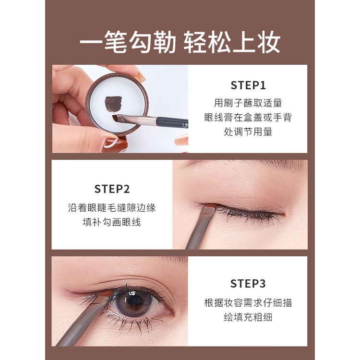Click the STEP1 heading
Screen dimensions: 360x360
248,85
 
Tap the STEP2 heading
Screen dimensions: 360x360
112,189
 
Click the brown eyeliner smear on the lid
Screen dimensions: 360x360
113,103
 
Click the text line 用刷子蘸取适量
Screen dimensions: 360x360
248,103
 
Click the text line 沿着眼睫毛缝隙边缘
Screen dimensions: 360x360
112,208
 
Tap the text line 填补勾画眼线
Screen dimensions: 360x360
112,222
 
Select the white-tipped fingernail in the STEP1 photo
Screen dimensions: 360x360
111,143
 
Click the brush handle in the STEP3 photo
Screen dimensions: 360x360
72,331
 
